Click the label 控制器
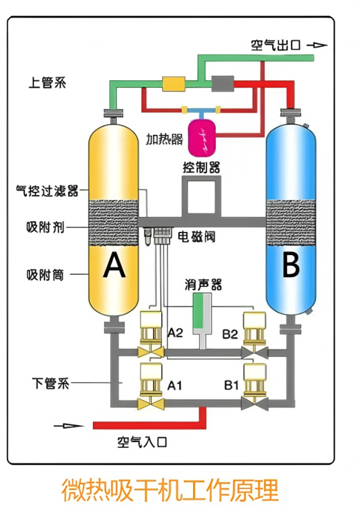tap(201, 167)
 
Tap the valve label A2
tap(175, 333)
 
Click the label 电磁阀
tap(196, 236)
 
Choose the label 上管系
tap(47, 82)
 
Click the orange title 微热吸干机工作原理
tap(169, 490)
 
